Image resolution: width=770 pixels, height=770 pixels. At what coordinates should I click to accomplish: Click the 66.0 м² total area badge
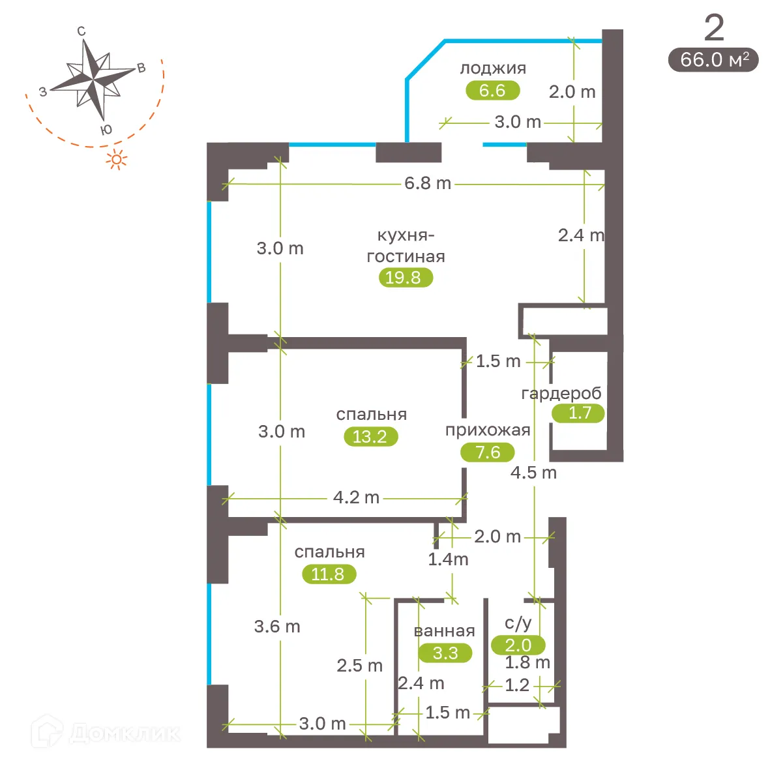coord(713,59)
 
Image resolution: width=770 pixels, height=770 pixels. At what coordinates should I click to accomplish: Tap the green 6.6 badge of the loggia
coord(492,90)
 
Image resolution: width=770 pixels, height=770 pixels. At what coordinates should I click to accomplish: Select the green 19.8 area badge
coord(405,277)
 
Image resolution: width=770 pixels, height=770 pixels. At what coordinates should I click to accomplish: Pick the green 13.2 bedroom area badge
coord(370,436)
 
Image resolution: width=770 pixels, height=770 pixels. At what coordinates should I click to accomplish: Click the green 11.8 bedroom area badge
coord(329,574)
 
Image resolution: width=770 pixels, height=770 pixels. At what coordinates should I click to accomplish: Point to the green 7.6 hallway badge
coord(488,452)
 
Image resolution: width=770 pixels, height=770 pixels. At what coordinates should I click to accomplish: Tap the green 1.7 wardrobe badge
coord(578,413)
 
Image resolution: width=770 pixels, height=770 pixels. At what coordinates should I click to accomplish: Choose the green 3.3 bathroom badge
coord(445,653)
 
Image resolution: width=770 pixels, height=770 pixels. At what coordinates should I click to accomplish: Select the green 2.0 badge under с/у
coord(518,645)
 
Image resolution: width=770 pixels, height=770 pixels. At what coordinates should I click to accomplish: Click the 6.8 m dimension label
coord(428,183)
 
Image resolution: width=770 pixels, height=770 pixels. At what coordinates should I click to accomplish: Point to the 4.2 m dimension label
coord(356,497)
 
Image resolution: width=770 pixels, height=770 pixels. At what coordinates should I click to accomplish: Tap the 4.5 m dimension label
coord(533,473)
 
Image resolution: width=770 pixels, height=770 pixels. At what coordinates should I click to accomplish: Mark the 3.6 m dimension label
coord(277,627)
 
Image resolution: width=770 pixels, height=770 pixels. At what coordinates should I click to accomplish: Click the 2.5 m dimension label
coord(359,666)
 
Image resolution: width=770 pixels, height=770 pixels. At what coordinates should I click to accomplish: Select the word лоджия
coord(493,68)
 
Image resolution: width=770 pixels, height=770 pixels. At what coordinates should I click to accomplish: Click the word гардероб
coord(561,393)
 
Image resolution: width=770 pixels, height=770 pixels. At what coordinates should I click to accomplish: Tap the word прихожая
coord(488,430)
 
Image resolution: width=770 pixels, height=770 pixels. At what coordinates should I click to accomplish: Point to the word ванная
coord(444,631)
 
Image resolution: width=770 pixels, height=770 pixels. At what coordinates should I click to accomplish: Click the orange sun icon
coord(117,159)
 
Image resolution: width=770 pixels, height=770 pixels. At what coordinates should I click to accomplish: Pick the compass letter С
coord(81,31)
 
